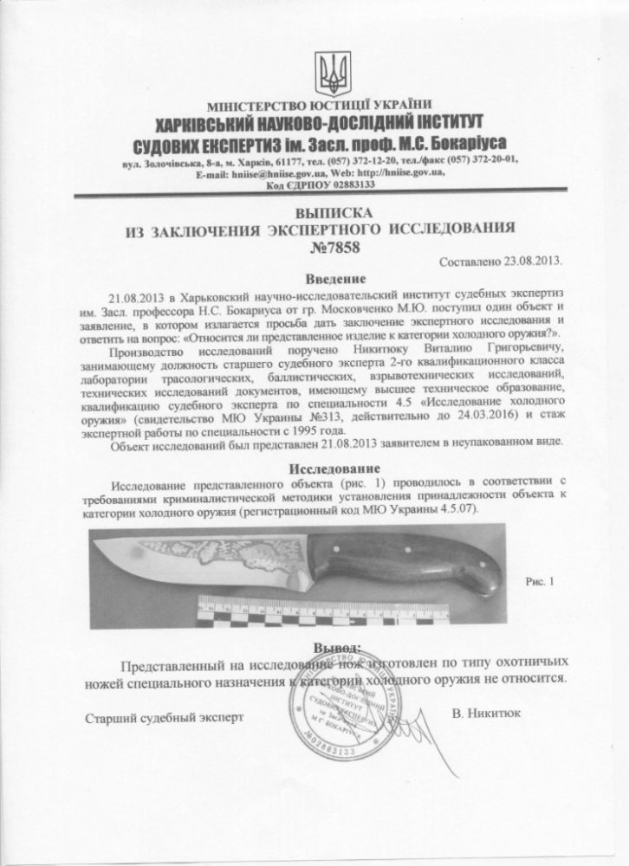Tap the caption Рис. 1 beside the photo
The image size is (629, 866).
click(x=538, y=582)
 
